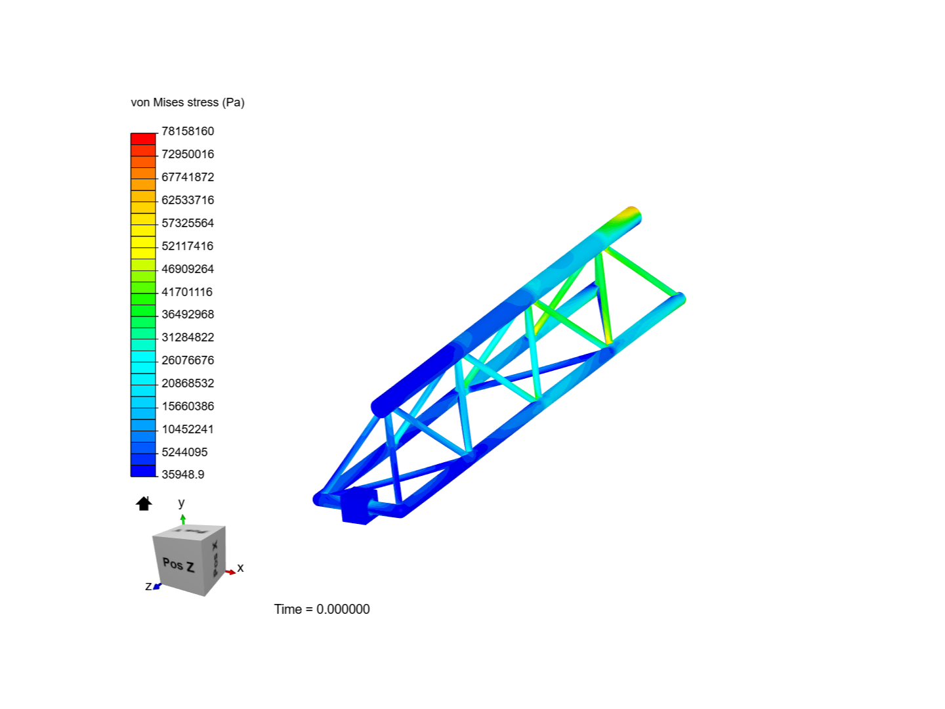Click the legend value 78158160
(188, 131)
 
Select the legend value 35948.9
(182, 475)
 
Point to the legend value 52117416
(188, 246)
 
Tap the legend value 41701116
(187, 292)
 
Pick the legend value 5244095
(184, 452)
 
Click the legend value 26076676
(188, 360)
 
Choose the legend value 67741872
(188, 177)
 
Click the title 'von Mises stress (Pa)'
(188, 102)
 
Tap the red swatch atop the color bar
(143, 139)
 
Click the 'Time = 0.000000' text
(322, 609)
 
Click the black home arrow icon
(144, 504)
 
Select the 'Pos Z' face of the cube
(178, 564)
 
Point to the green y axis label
(182, 503)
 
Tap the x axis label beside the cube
(240, 568)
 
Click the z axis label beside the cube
(148, 586)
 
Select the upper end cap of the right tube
(679, 299)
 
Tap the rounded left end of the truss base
(320, 499)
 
